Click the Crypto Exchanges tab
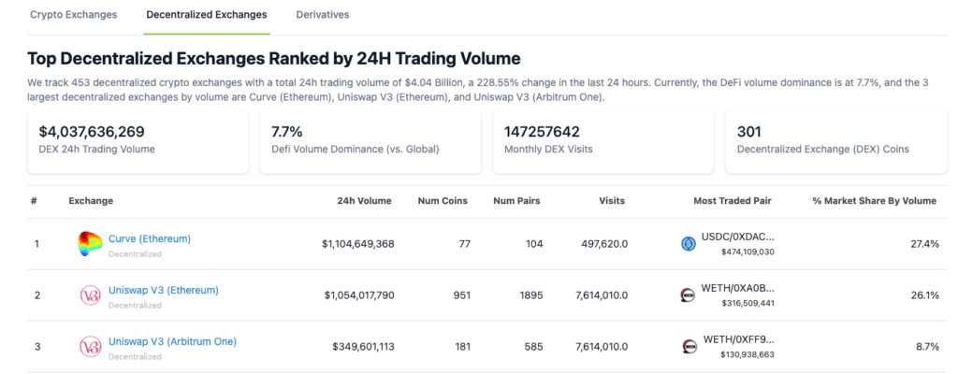pyautogui.click(x=74, y=15)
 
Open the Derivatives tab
pyautogui.click(x=322, y=15)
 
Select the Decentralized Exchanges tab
pyautogui.click(x=206, y=15)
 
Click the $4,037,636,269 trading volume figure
pyautogui.click(x=92, y=132)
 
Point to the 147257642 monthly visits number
pyautogui.click(x=542, y=132)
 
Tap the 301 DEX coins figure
pyautogui.click(x=749, y=132)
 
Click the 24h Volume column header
pyautogui.click(x=364, y=201)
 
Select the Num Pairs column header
pyautogui.click(x=516, y=201)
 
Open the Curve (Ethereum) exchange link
pyautogui.click(x=149, y=238)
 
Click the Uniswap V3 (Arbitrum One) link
pyautogui.click(x=172, y=341)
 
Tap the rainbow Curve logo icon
pyautogui.click(x=90, y=244)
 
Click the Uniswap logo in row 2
pyautogui.click(x=90, y=295)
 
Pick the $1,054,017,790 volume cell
pyautogui.click(x=358, y=295)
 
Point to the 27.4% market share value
pyautogui.click(x=923, y=244)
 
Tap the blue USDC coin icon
pyautogui.click(x=689, y=244)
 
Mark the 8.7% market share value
pyautogui.click(x=926, y=347)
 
